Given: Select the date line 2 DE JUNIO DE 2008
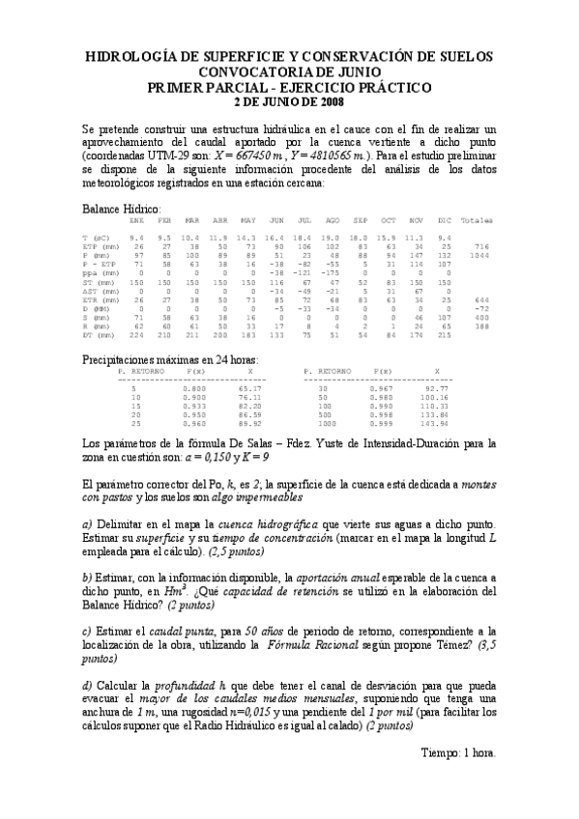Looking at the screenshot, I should [x=289, y=100].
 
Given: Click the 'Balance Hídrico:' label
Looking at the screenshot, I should [x=121, y=209].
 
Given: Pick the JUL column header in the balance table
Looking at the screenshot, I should [x=304, y=220].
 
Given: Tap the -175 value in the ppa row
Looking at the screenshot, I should [x=332, y=273].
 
